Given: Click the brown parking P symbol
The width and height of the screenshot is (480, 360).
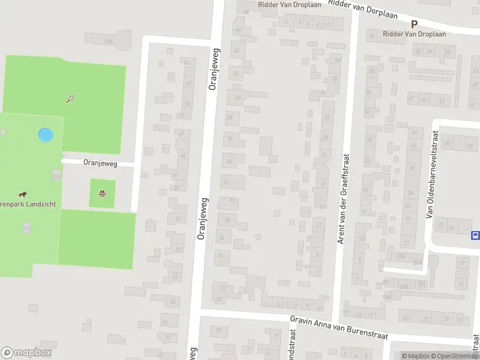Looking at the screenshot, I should [414, 24].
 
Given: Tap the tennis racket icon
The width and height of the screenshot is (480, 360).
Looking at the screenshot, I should [70, 99].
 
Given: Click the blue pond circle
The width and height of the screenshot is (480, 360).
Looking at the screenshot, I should [45, 134].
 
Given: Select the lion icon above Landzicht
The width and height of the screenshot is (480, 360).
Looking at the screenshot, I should [22, 194].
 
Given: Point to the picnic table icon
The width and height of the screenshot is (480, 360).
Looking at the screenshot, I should [103, 194].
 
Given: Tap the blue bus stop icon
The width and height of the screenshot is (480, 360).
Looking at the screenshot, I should [476, 235].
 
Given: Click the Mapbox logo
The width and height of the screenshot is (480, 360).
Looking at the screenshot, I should [26, 353].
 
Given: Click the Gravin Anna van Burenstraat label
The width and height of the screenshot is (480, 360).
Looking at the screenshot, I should [338, 328].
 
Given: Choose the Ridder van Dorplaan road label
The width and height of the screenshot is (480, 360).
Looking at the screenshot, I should [364, 10].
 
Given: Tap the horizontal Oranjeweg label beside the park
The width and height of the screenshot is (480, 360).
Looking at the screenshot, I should [100, 163].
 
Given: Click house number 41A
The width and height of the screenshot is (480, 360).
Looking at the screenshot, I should [109, 41].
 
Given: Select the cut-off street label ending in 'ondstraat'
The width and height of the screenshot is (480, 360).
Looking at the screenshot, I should [293, 345].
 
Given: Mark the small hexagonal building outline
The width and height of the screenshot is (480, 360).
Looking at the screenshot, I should [258, 237].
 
